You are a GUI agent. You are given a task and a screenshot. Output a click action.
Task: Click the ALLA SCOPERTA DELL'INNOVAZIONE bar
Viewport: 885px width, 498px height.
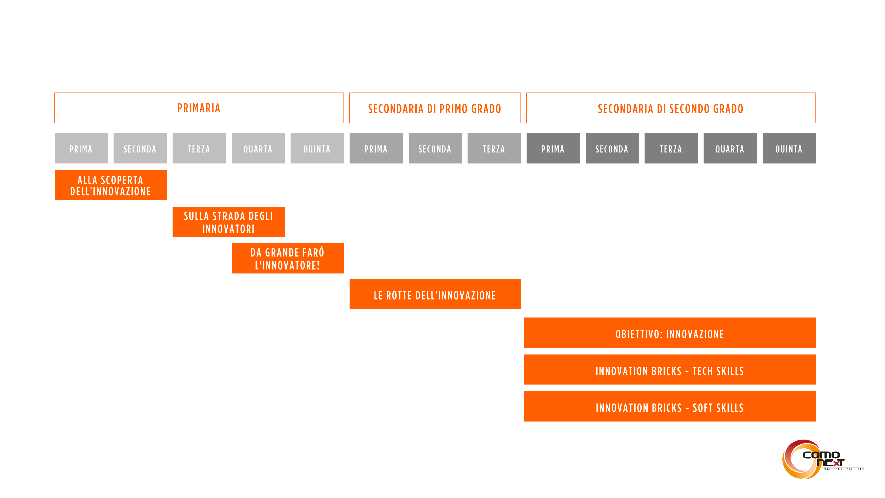(111, 185)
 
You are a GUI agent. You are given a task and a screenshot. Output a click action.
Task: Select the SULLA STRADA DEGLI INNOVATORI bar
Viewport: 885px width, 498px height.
(229, 222)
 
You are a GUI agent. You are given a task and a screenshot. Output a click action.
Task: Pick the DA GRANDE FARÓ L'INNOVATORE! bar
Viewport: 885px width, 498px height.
(288, 259)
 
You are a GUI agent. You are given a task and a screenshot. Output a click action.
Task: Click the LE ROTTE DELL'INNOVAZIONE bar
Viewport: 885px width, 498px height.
(435, 294)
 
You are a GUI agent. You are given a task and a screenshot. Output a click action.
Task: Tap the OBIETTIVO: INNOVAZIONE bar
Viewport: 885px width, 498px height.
(670, 333)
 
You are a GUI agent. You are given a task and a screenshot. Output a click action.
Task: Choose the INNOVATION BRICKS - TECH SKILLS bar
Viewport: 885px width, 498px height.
(670, 369)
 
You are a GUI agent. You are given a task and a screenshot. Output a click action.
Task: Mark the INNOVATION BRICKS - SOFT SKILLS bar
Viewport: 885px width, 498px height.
(670, 406)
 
